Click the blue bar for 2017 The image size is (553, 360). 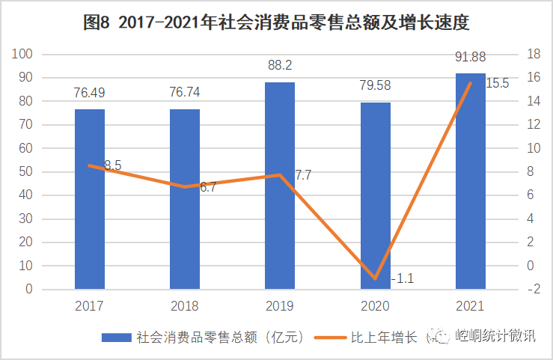(x=89, y=199)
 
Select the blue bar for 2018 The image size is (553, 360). (x=185, y=199)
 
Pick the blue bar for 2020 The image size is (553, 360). (x=376, y=195)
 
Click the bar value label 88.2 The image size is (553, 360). (x=280, y=64)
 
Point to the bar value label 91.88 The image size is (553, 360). (x=471, y=55)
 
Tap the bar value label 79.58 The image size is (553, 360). (x=376, y=85)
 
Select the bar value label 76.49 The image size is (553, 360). (x=89, y=92)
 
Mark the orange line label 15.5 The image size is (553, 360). (x=497, y=83)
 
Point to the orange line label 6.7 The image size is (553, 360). (x=207, y=187)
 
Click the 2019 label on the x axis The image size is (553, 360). (x=280, y=305)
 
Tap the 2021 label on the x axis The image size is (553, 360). (x=471, y=305)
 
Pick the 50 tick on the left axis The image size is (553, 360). (x=26, y=171)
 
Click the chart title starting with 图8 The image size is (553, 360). (x=276, y=22)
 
